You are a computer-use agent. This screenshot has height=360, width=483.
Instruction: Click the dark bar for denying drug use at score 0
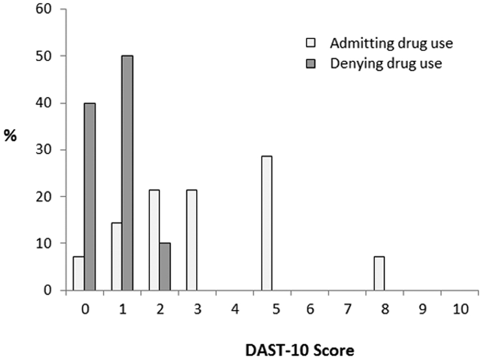pyautogui.click(x=90, y=197)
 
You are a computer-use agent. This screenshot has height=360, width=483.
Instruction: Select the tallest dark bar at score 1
pyautogui.click(x=127, y=173)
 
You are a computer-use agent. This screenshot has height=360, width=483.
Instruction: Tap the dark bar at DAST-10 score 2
pyautogui.click(x=165, y=267)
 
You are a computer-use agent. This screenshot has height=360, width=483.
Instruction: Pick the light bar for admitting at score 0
pyautogui.click(x=79, y=274)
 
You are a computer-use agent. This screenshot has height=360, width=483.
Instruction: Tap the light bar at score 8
pyautogui.click(x=379, y=274)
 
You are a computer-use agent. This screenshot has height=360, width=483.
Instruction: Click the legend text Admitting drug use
pyautogui.click(x=391, y=43)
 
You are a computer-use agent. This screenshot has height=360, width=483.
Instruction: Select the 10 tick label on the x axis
pyautogui.click(x=459, y=310)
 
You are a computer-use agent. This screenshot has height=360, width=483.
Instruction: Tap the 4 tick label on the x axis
pyautogui.click(x=234, y=310)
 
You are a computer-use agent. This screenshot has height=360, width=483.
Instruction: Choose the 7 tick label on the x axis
pyautogui.click(x=347, y=310)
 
